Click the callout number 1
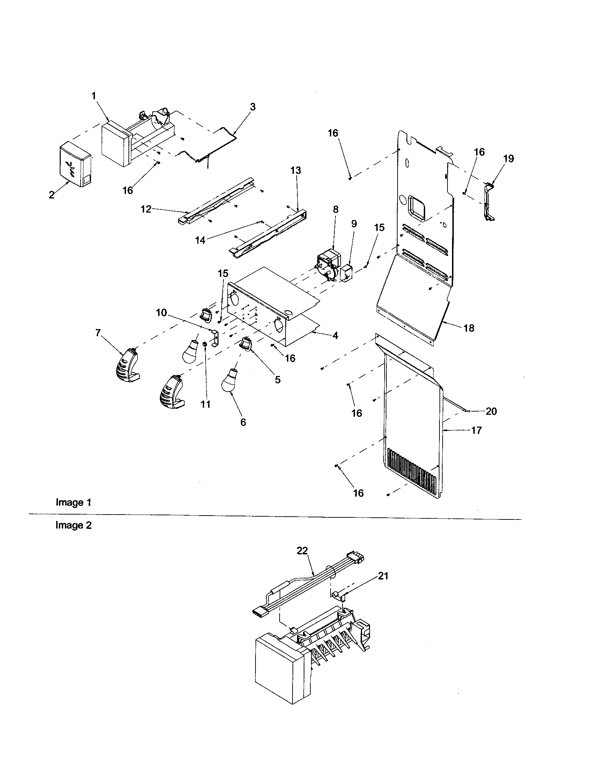(94, 96)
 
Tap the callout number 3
(252, 106)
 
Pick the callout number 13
(296, 171)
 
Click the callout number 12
(146, 209)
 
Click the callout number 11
(205, 404)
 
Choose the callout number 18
(469, 328)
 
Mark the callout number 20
(491, 411)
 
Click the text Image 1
(73, 502)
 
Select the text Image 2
(73, 525)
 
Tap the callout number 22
(302, 551)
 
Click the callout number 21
(383, 576)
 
